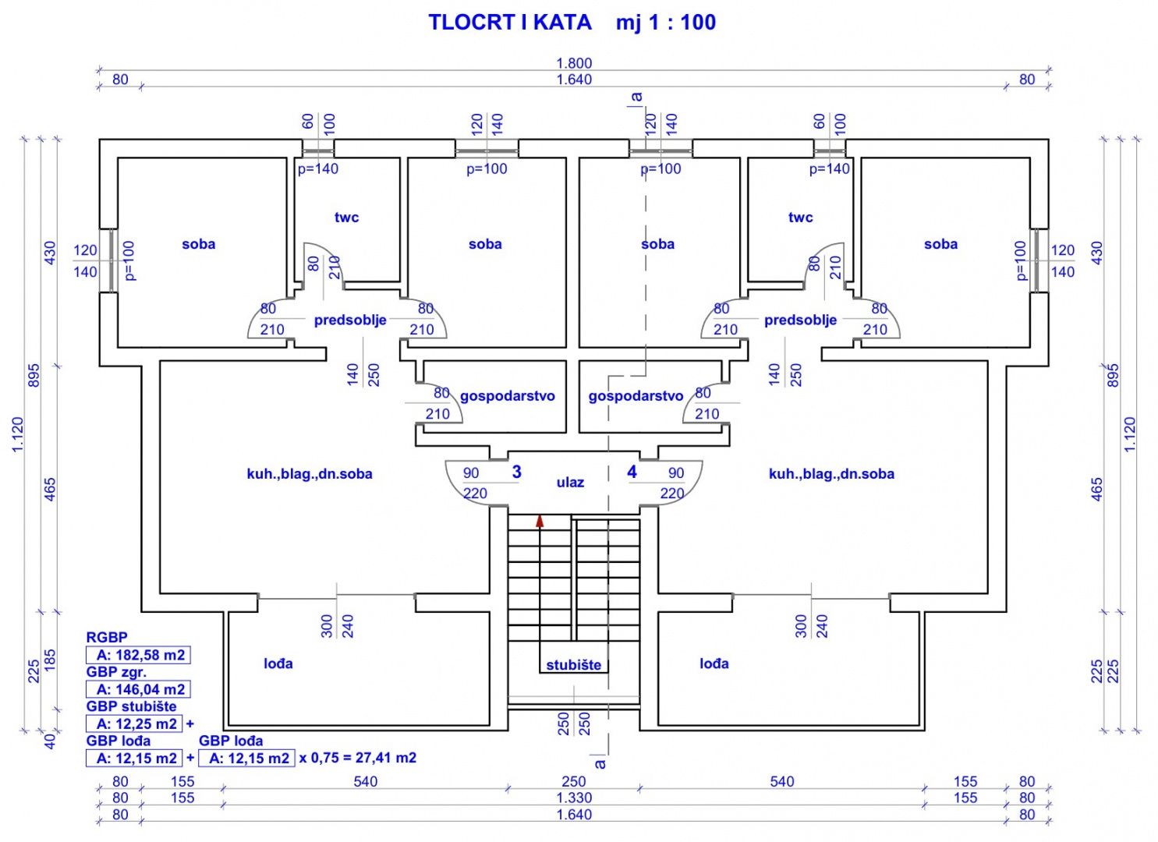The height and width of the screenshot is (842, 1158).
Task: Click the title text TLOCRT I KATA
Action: coord(510,22)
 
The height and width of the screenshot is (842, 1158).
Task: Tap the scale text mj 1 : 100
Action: coord(665,22)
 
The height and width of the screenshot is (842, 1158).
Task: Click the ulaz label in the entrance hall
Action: coord(570,483)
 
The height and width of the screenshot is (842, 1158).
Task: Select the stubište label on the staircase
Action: coord(573,665)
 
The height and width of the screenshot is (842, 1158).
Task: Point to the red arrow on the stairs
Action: coord(539,521)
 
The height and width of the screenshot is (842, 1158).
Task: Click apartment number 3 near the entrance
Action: coord(516,472)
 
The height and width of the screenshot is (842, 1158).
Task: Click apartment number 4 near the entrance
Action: coord(632,472)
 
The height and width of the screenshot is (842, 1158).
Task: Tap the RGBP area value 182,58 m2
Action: coord(140,655)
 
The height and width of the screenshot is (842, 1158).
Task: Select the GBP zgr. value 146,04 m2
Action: coord(140,689)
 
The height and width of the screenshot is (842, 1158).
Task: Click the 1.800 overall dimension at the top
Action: coord(574,63)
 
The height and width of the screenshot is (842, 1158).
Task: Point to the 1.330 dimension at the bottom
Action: coord(574,798)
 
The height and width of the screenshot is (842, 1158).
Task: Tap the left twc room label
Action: coord(346,218)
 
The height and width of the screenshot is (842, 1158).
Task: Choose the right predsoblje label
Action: coord(800,320)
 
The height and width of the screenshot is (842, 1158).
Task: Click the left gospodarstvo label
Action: coord(507,396)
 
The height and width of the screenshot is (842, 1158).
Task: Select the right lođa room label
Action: coord(714,663)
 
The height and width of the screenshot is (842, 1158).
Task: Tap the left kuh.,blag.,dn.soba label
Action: coord(310,474)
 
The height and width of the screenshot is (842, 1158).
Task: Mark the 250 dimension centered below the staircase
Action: coord(573,781)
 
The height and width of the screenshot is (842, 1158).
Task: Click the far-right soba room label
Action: coord(940,244)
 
